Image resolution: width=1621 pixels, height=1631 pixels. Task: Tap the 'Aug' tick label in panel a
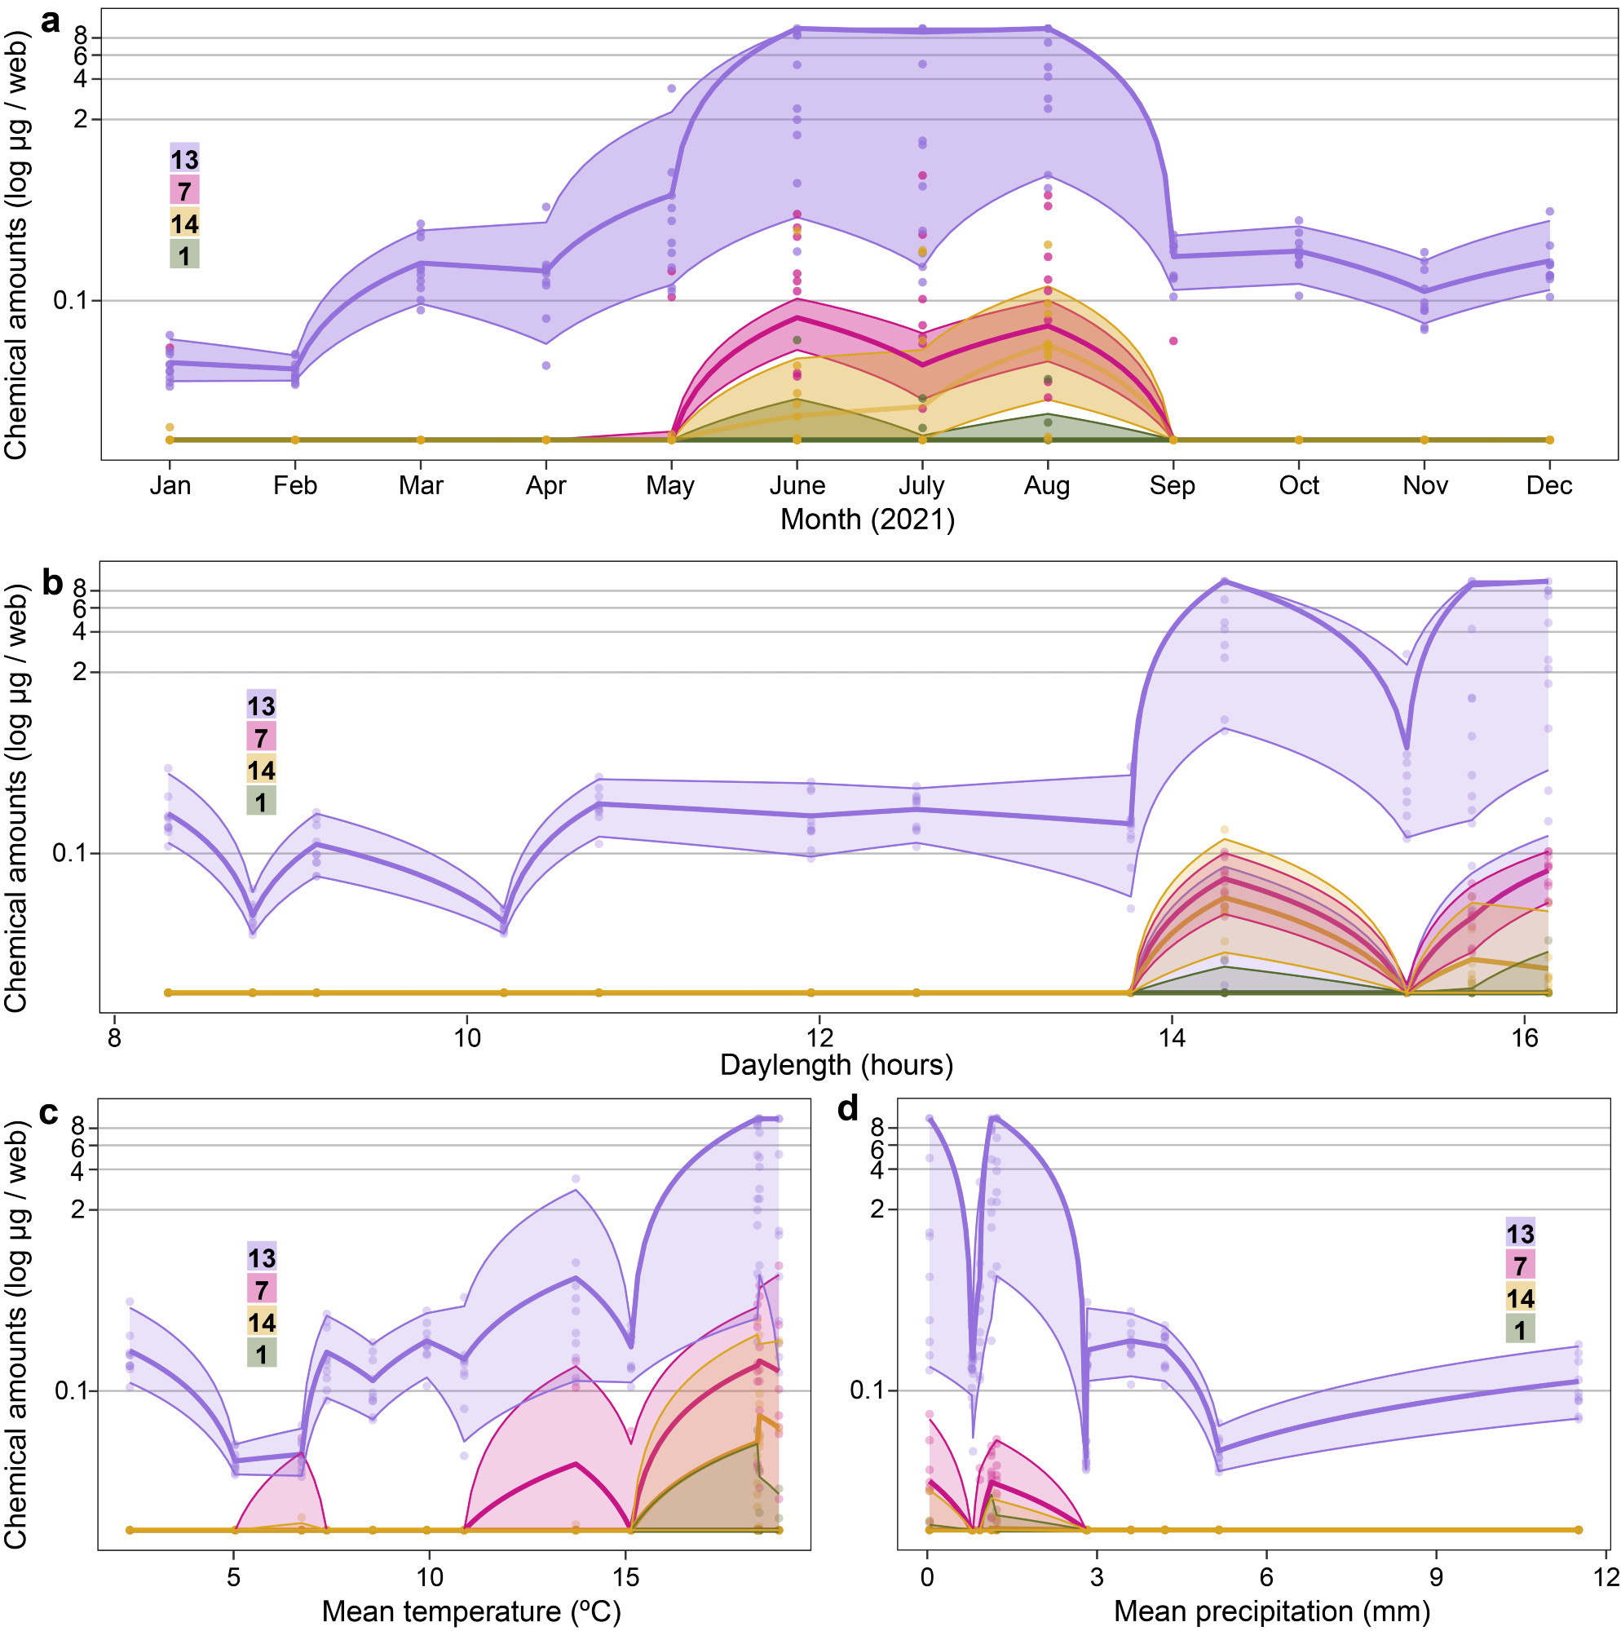(x=1047, y=485)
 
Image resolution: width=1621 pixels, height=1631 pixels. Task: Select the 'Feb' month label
(x=294, y=485)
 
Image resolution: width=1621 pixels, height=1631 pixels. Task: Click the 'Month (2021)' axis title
(x=867, y=519)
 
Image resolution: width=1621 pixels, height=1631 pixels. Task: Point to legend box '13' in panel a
(x=185, y=159)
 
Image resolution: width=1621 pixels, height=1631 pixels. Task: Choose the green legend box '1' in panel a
(x=185, y=254)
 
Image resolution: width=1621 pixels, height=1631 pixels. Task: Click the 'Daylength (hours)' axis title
(x=836, y=1064)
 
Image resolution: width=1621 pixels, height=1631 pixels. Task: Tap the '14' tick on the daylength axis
(x=1171, y=1037)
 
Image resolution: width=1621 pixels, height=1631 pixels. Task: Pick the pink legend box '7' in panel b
(x=261, y=738)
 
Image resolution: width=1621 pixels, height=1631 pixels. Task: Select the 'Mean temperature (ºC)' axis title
(x=471, y=1611)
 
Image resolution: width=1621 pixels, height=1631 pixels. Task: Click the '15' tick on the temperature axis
(x=625, y=1577)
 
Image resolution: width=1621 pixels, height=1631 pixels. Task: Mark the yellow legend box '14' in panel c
(x=262, y=1321)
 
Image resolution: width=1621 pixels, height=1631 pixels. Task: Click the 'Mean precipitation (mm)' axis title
(x=1271, y=1611)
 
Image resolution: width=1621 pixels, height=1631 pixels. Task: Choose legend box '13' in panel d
(x=1520, y=1233)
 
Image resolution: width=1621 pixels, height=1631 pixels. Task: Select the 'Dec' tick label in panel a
(x=1549, y=485)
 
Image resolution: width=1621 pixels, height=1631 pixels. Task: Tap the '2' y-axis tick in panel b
(x=82, y=673)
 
